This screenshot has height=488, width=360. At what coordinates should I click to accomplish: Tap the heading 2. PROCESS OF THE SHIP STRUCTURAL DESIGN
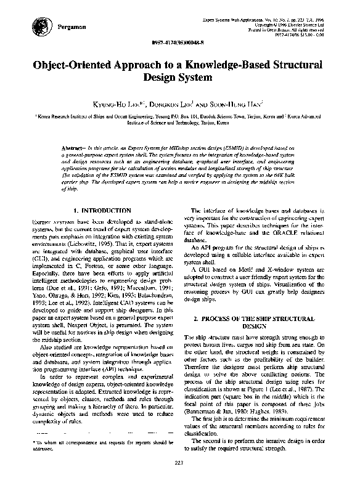point(254,322)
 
